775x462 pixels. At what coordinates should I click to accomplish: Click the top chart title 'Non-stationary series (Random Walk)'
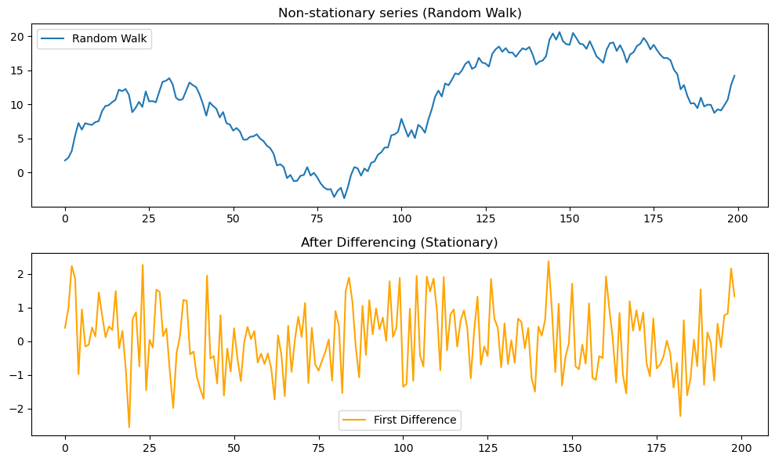(400, 13)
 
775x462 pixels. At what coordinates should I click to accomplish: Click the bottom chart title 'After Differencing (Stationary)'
(400, 243)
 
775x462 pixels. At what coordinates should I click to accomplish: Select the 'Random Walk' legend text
(109, 38)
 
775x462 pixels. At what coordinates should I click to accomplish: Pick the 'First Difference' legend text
(415, 420)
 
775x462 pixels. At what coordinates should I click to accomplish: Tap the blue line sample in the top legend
(54, 38)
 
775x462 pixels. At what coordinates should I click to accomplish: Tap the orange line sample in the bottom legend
(356, 420)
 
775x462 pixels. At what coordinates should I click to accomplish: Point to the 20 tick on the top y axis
(21, 37)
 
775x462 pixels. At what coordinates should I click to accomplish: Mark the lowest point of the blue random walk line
(344, 197)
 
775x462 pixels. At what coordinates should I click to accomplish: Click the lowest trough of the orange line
(129, 428)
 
